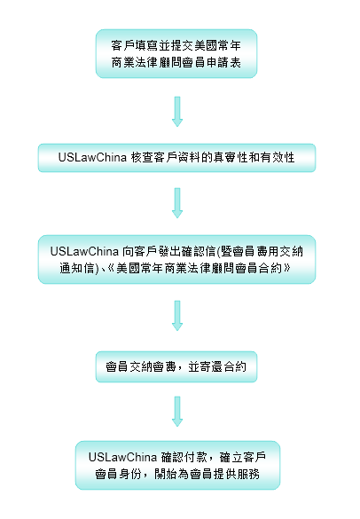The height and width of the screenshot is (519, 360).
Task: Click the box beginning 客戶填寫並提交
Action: click(176, 53)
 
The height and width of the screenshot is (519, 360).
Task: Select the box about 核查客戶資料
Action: click(176, 158)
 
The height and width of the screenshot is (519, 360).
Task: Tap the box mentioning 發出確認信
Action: click(176, 259)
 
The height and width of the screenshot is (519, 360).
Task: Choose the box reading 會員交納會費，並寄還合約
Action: click(176, 366)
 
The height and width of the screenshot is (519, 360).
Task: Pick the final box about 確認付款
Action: click(177, 465)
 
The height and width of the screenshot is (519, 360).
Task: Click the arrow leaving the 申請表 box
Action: click(177, 112)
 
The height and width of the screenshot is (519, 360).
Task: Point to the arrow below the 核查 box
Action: click(177, 203)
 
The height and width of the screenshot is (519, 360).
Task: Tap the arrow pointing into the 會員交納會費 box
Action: click(177, 316)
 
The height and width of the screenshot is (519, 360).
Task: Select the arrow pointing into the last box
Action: click(177, 412)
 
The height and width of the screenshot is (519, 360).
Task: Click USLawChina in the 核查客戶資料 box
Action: click(92, 157)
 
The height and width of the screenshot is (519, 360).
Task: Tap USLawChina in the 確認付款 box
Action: click(122, 457)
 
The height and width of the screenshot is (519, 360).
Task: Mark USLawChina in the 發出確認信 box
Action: click(84, 251)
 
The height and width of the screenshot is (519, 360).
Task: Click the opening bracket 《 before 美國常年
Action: click(111, 268)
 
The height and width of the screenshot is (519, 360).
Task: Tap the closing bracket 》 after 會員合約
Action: click(286, 268)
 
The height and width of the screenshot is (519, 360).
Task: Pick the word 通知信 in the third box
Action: click(77, 268)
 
